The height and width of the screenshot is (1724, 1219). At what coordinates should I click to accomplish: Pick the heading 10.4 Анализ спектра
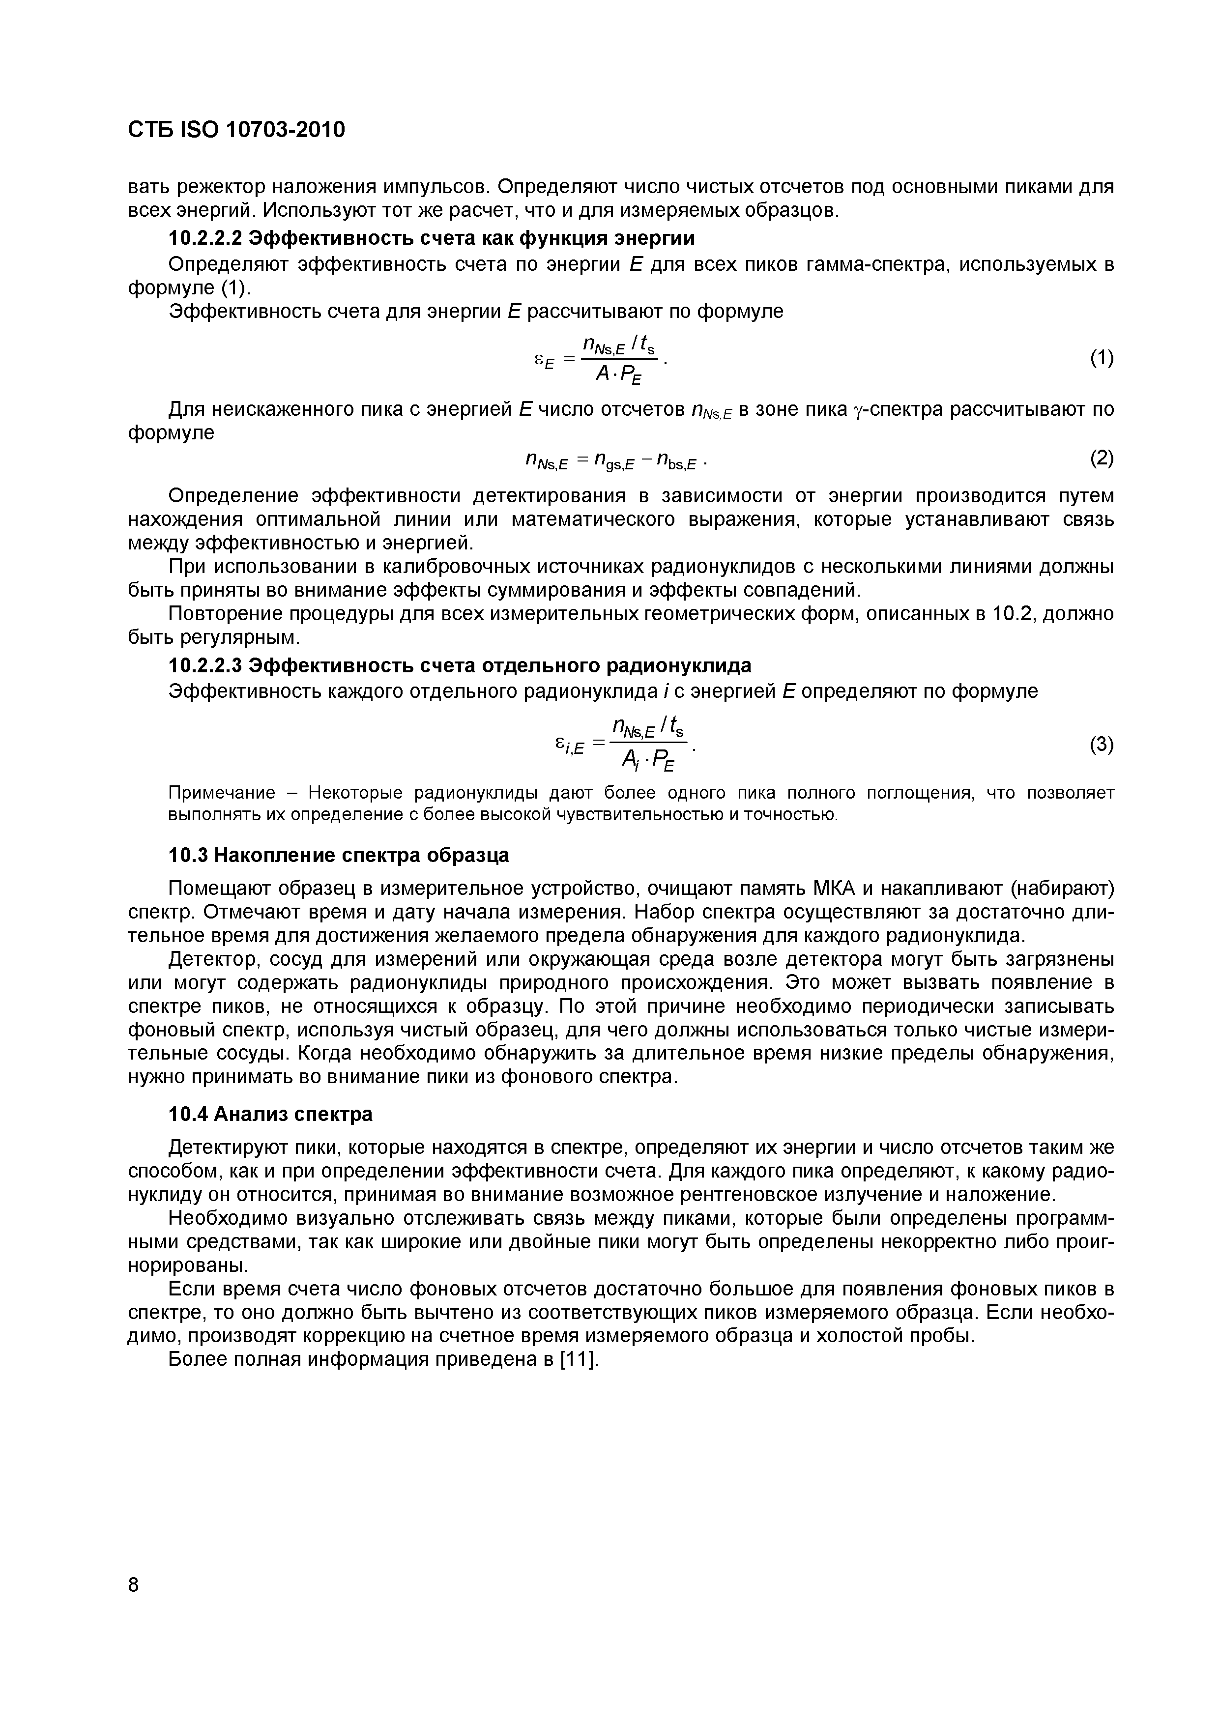(x=270, y=1114)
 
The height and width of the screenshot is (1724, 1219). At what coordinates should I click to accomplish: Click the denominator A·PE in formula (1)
(x=618, y=373)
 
